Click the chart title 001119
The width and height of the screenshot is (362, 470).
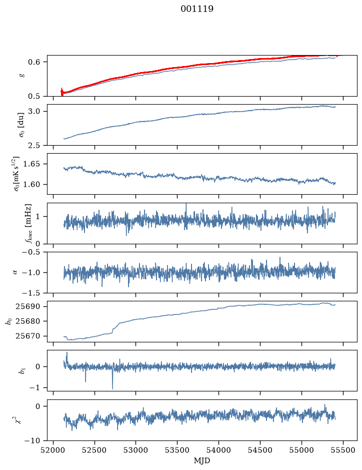tap(196, 9)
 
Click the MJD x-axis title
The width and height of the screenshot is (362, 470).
tap(202, 460)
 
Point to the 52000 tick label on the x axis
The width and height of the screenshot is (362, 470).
tap(53, 450)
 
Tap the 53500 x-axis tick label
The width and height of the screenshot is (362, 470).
tap(177, 450)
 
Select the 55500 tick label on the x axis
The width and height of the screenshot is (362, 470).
tap(343, 450)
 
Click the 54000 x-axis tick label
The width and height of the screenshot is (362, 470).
tap(218, 450)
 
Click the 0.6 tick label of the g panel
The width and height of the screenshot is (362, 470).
tap(34, 62)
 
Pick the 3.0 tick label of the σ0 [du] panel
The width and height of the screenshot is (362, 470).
tap(34, 111)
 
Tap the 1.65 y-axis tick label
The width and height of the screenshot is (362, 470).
tap(31, 164)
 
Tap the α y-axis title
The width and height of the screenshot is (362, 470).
tap(15, 272)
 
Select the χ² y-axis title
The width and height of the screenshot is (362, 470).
tap(18, 419)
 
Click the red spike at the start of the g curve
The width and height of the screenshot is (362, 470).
tap(61, 92)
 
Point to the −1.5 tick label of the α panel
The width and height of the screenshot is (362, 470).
tap(31, 293)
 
